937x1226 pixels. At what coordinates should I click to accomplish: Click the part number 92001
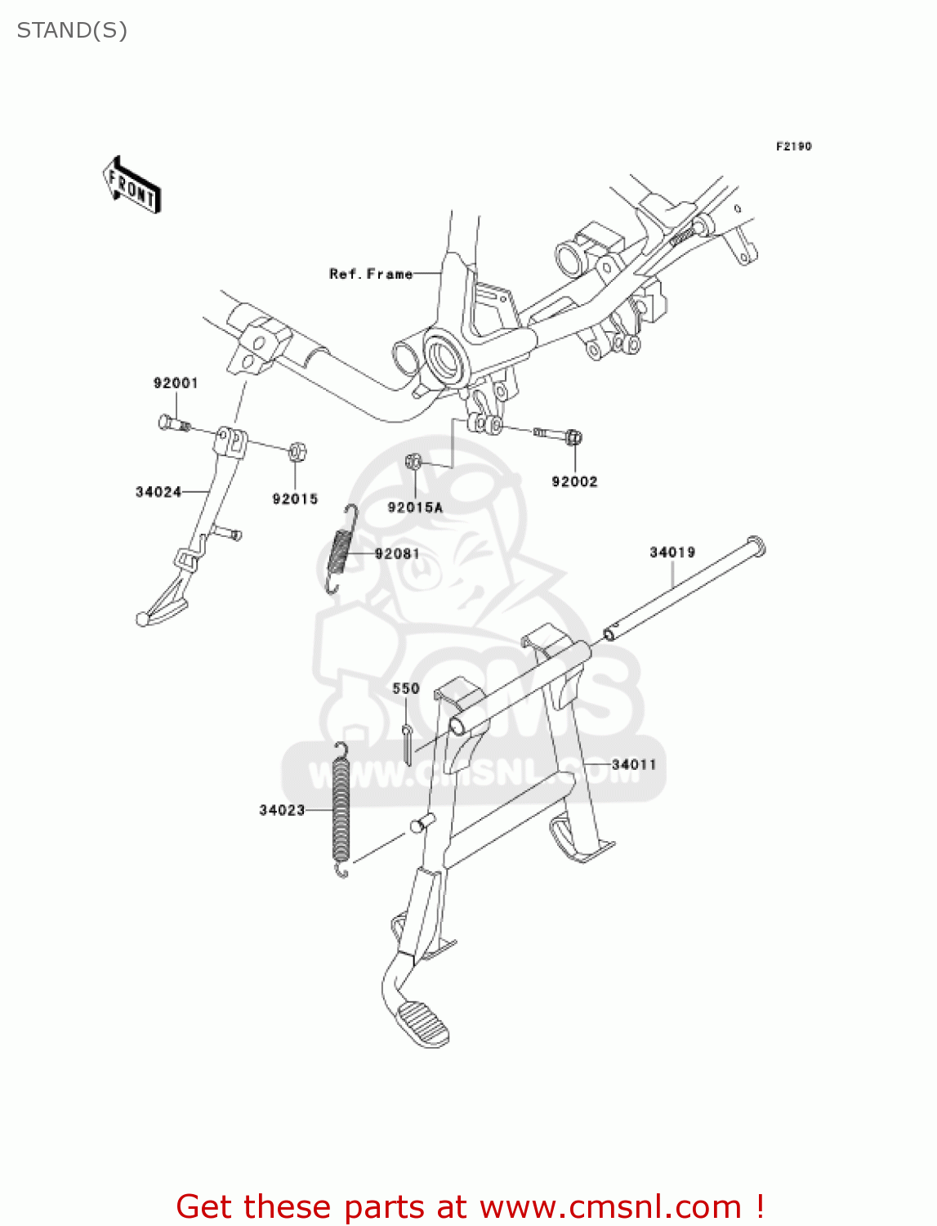coord(176,383)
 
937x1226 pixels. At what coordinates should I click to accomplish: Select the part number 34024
coord(158,491)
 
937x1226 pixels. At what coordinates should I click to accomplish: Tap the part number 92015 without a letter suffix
coord(295,499)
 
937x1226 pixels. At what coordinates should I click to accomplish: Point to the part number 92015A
coord(415,508)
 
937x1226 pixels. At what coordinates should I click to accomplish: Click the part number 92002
coord(574,481)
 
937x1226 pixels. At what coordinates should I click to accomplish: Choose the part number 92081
coord(397,553)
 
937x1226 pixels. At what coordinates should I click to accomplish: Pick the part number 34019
coord(672,553)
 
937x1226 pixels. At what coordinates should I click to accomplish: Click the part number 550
coord(406,688)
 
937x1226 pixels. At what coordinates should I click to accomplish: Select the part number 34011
coord(634,764)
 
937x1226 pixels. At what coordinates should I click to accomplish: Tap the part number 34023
coord(282,810)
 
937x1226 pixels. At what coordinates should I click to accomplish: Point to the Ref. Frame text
coord(371,274)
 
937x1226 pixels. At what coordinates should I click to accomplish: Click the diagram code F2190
coord(793,146)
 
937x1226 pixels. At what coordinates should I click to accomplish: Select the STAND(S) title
coord(72,30)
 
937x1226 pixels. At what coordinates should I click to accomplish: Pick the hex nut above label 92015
coord(297,450)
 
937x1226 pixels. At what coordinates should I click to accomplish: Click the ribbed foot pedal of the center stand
coord(422,1022)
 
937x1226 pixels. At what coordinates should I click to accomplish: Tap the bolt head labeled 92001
coord(167,422)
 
